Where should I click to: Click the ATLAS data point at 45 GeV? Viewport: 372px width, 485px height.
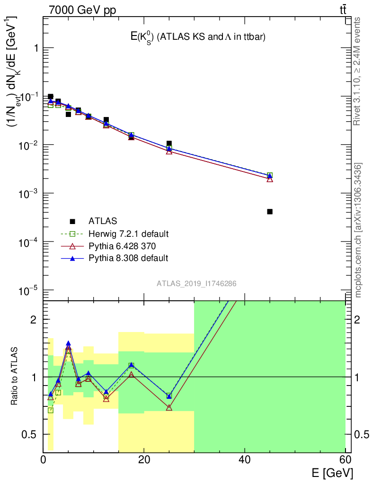270,211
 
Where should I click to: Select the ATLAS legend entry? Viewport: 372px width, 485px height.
103,221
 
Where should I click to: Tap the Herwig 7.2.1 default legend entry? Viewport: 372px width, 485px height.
128,234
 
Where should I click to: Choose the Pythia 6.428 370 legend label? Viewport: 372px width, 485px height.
122,246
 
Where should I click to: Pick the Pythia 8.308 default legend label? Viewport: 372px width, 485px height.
128,258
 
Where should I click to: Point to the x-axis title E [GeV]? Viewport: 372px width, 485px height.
332,473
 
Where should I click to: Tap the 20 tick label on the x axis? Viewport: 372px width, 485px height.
144,459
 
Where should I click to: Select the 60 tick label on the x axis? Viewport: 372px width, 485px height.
345,459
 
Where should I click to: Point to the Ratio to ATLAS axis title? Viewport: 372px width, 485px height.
15,376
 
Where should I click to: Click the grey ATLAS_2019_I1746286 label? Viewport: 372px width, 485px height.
196,283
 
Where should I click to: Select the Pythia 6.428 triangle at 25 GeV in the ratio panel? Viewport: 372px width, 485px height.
169,407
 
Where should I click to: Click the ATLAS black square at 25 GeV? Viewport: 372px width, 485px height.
169,143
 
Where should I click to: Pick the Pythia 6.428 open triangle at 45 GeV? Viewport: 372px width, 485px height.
270,179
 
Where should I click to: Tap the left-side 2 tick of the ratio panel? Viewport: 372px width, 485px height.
35,319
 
